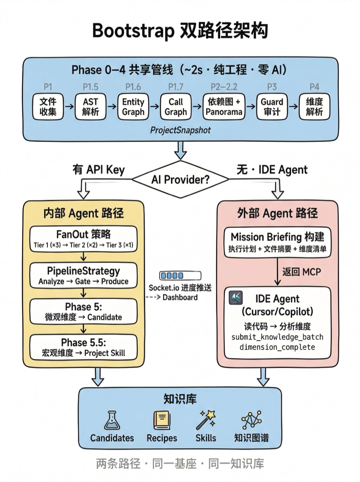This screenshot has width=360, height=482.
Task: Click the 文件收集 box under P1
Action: click(48, 107)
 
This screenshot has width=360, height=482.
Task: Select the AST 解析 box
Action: click(90, 107)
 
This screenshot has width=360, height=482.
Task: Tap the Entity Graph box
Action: click(133, 107)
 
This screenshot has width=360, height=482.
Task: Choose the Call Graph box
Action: click(176, 107)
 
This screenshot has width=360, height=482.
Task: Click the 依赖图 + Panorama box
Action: click(224, 107)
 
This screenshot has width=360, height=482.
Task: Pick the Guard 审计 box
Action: click(272, 107)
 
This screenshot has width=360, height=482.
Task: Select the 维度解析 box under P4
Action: click(314, 107)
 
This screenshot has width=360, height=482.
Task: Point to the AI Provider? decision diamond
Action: click(180, 179)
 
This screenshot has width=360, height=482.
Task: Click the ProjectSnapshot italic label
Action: click(180, 130)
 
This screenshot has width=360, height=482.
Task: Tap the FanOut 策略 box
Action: click(83, 239)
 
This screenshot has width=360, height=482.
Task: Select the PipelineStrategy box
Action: click(83, 275)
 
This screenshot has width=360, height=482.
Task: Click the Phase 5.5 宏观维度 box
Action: click(83, 347)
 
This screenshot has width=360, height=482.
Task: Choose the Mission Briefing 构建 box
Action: click(277, 242)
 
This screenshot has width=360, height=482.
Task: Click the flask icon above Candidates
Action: click(112, 420)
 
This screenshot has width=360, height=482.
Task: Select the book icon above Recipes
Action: click(162, 420)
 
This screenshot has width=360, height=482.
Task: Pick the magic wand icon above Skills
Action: click(206, 420)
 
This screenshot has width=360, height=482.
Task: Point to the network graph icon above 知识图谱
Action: click(251, 420)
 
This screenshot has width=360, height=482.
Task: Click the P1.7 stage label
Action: click(176, 87)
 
